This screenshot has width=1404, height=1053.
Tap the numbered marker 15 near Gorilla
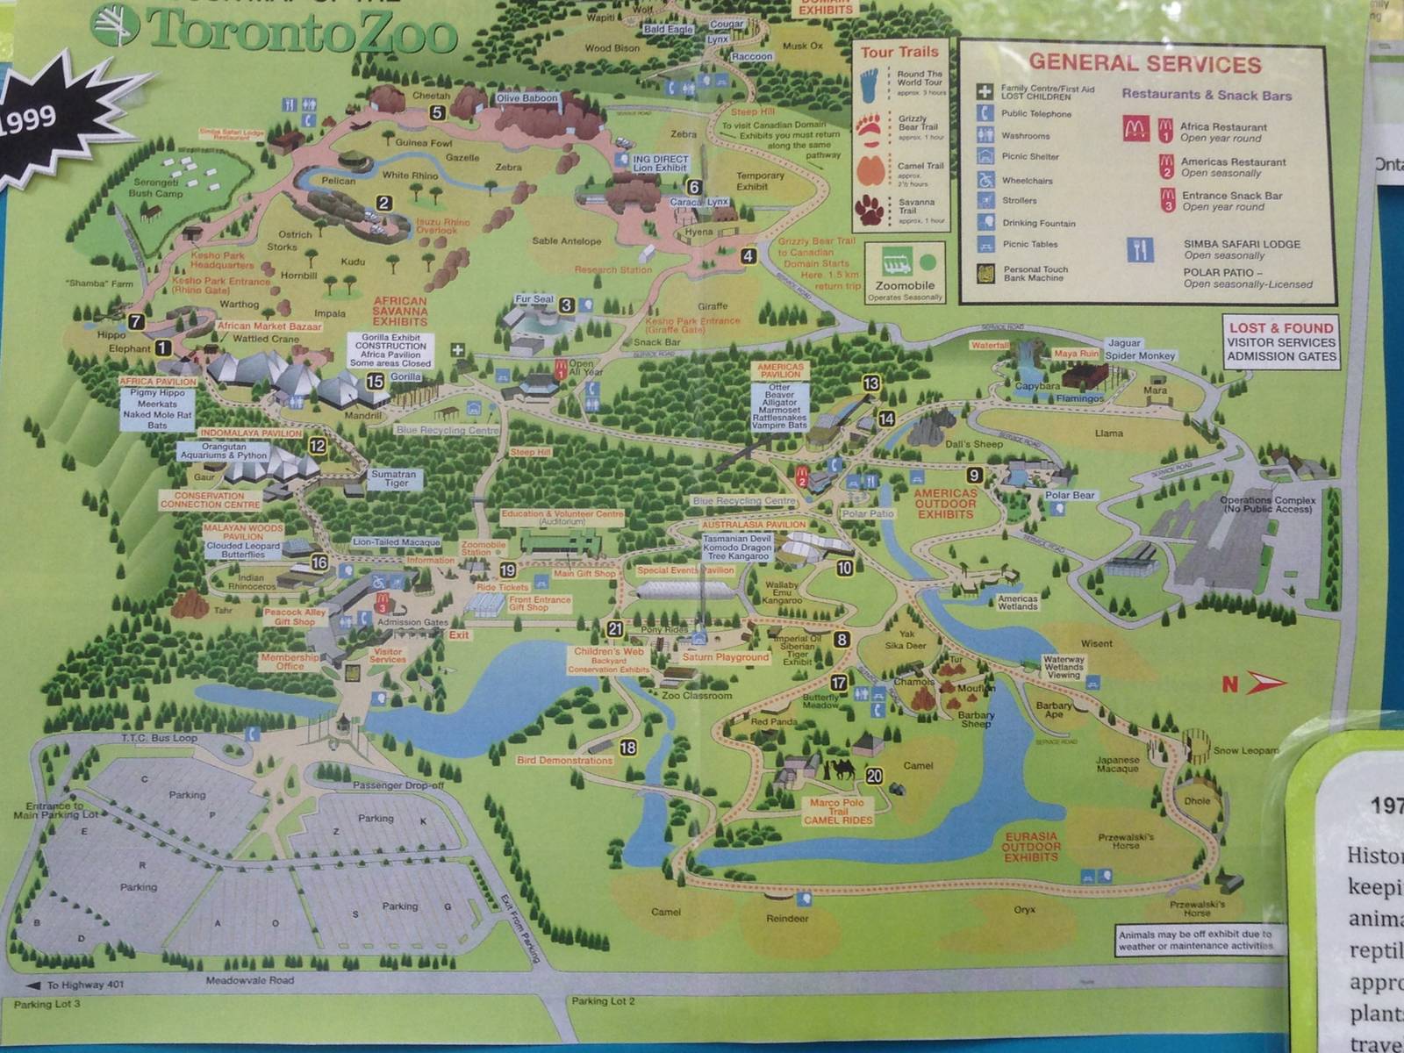click(x=376, y=382)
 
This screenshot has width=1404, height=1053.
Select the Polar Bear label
click(x=1070, y=496)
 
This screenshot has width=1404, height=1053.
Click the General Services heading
click(x=1144, y=63)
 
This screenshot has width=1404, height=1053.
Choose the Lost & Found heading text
click(x=1281, y=327)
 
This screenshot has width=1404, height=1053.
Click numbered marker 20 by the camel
click(x=874, y=776)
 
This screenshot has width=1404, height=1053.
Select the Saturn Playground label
click(x=725, y=657)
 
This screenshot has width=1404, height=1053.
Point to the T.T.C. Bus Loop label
click(x=159, y=739)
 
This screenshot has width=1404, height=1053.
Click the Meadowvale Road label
click(x=250, y=980)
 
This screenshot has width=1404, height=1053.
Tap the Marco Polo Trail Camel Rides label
click(x=837, y=811)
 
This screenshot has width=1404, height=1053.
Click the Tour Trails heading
click(x=899, y=52)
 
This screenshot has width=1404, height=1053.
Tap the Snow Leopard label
click(x=1244, y=750)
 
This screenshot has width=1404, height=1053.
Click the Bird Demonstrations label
click(x=564, y=761)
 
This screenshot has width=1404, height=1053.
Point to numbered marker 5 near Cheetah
click(x=437, y=112)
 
